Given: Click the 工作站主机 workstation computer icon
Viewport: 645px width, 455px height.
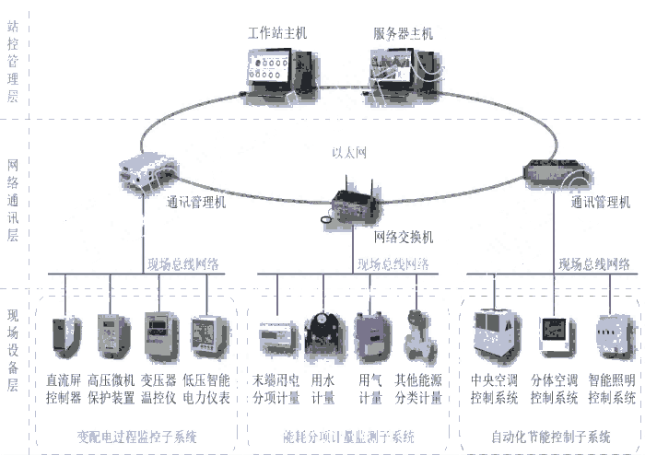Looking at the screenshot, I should click(x=277, y=69).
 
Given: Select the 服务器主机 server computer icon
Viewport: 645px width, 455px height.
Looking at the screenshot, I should click(x=398, y=69).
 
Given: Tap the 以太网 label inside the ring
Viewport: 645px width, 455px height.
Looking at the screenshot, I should click(x=348, y=153).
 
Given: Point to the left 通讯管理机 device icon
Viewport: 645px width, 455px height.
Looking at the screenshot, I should click(x=148, y=171).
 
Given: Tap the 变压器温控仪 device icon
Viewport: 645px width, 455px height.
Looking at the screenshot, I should click(x=160, y=336).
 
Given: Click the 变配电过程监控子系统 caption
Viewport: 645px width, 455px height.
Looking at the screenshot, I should click(x=136, y=436).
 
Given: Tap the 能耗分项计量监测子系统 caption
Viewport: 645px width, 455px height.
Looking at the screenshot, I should click(x=347, y=436).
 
